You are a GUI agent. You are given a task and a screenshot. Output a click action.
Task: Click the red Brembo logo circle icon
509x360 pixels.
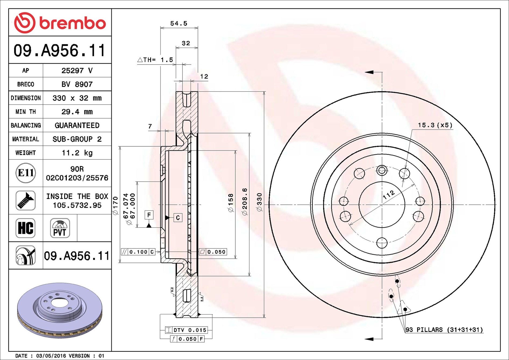click(25, 23)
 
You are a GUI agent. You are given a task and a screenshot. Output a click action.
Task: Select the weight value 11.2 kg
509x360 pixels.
click(77, 153)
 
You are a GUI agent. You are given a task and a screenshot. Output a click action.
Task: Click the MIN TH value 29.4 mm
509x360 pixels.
click(77, 112)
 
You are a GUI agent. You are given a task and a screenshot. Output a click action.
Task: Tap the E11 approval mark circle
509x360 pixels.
click(26, 173)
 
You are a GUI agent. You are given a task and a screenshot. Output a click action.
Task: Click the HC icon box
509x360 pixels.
click(26, 228)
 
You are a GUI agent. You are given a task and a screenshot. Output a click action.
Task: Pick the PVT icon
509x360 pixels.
click(60, 228)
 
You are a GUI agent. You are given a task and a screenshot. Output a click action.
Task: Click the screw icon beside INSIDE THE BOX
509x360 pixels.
click(26, 201)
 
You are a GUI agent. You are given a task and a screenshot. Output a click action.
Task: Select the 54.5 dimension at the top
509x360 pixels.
click(179, 24)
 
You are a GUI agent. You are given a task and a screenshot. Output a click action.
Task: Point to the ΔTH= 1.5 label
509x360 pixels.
click(155, 60)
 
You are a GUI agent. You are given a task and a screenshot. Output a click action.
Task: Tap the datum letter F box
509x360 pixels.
click(149, 215)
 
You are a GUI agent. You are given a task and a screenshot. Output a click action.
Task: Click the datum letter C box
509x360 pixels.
click(178, 218)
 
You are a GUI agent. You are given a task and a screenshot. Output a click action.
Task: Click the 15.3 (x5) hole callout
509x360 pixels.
click(435, 125)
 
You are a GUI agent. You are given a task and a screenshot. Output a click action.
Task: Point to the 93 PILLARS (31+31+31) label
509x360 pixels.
click(444, 330)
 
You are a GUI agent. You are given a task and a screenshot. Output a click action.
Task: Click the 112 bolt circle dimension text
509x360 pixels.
click(389, 194)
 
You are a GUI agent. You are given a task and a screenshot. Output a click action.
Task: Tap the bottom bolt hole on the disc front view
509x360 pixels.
click(382, 243)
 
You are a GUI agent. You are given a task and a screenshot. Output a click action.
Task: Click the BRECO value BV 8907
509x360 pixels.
click(77, 84)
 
